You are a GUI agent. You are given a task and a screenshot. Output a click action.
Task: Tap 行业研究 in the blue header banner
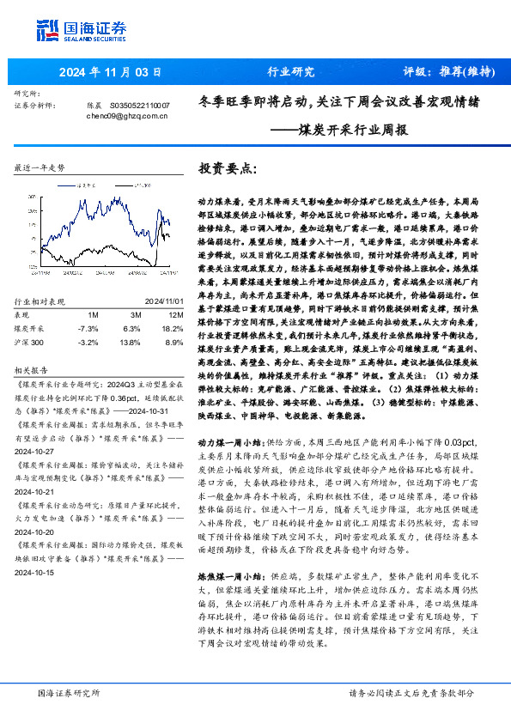(291, 71)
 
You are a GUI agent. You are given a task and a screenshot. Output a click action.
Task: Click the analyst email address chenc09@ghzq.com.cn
(125, 114)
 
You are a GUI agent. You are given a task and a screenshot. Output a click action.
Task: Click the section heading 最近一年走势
(40, 168)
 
